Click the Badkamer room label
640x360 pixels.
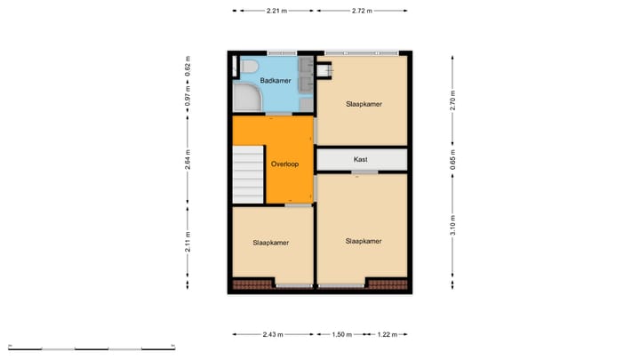tap(275, 81)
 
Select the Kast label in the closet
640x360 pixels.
tap(361, 160)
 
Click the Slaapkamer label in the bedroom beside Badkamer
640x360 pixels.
tap(364, 104)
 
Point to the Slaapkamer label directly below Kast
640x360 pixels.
tap(364, 241)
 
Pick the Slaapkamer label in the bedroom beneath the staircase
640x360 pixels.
tap(270, 242)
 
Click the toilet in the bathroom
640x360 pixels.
tap(248, 66)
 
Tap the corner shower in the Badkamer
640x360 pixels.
tap(244, 99)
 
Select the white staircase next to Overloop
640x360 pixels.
tap(248, 175)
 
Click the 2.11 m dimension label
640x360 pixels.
tap(188, 242)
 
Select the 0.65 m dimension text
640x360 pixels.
tap(452, 163)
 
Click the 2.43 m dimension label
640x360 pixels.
tap(272, 335)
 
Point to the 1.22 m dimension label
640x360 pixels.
tap(388, 335)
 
